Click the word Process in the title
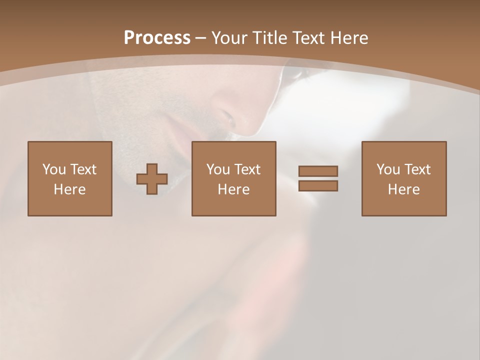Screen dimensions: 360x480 (x=157, y=38)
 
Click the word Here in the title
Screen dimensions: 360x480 (x=349, y=38)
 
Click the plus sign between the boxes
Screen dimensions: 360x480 (x=152, y=179)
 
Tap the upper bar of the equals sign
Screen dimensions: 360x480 (x=318, y=171)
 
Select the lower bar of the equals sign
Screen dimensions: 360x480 (x=318, y=186)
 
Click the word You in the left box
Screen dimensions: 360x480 (x=54, y=169)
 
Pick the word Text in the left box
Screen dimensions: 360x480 (x=83, y=169)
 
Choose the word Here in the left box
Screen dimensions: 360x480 (x=69, y=189)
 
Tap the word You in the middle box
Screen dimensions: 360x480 (x=218, y=169)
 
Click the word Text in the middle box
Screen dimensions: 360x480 (x=247, y=169)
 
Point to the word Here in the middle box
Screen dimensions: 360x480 (x=233, y=189)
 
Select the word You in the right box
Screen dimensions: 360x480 (x=388, y=169)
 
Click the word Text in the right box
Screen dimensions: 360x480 (x=417, y=169)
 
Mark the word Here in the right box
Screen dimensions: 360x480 (x=403, y=189)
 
